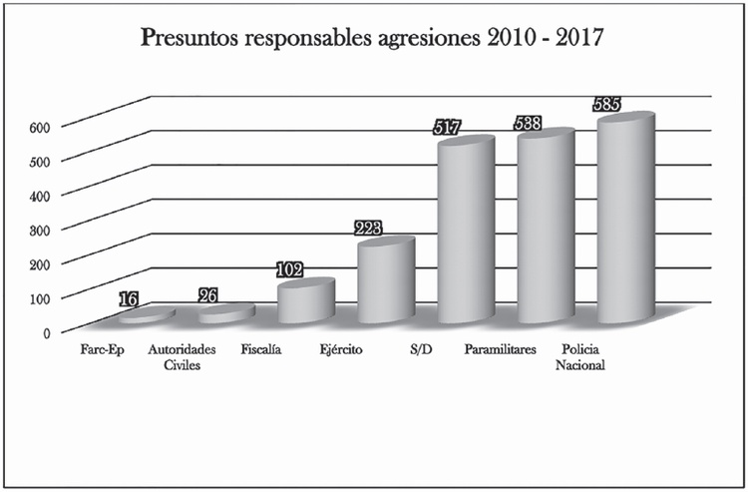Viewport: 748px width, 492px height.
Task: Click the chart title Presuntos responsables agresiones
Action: tap(373, 40)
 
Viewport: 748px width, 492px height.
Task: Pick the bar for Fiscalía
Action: tap(305, 301)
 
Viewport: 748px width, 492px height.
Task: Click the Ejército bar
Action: tap(385, 283)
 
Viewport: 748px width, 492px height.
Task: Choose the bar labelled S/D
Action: tap(465, 235)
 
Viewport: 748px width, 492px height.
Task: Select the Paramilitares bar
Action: tap(545, 230)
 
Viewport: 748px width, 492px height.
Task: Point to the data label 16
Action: tap(128, 298)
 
